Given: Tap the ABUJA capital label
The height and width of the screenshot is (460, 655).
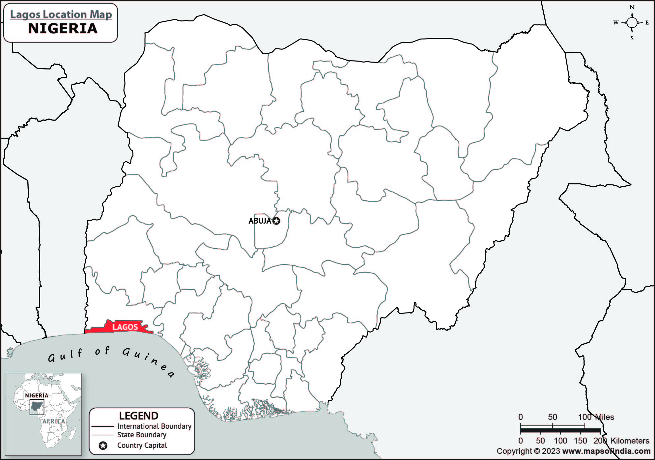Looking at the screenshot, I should coord(260,221).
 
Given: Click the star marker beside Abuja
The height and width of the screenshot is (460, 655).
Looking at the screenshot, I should coord(276,221).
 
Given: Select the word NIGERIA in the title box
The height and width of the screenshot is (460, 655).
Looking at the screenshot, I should coord(63,29).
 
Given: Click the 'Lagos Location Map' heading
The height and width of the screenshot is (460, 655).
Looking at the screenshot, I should coord(61,14).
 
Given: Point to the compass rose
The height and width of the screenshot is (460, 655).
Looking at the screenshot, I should coord(632,23).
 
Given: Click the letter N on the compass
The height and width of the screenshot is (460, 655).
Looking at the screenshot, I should coord(632,7).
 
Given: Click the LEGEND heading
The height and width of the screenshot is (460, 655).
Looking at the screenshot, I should coord(139,416).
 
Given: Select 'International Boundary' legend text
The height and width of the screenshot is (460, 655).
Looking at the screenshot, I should coord(154,426).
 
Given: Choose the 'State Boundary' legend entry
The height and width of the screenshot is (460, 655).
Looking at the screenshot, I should coord(142,435).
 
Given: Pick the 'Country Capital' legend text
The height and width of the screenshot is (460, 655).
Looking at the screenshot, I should coord(142,446).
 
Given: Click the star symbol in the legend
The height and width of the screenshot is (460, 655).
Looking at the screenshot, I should coord(103,446).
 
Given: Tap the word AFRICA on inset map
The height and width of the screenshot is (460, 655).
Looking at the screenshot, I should coord(54,421).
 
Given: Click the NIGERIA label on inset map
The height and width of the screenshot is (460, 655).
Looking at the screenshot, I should coord(37,395).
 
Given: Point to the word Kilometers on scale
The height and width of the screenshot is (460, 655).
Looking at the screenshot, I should coord(630,441).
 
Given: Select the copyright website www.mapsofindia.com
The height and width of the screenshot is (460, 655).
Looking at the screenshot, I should coord(606,451).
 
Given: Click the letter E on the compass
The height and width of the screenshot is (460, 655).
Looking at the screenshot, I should coord(647,23).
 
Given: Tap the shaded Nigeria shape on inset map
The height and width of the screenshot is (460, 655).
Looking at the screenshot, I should coord(37,408).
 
